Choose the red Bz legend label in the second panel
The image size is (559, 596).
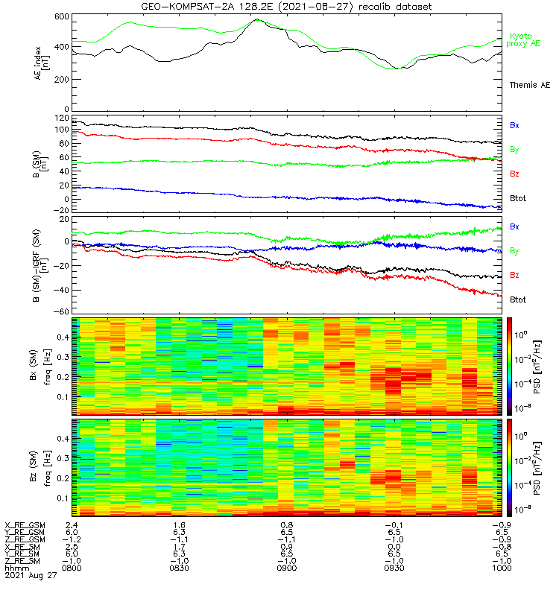click(x=514, y=174)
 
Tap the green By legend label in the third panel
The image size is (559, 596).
click(x=514, y=251)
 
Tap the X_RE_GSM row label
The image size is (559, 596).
click(x=24, y=525)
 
